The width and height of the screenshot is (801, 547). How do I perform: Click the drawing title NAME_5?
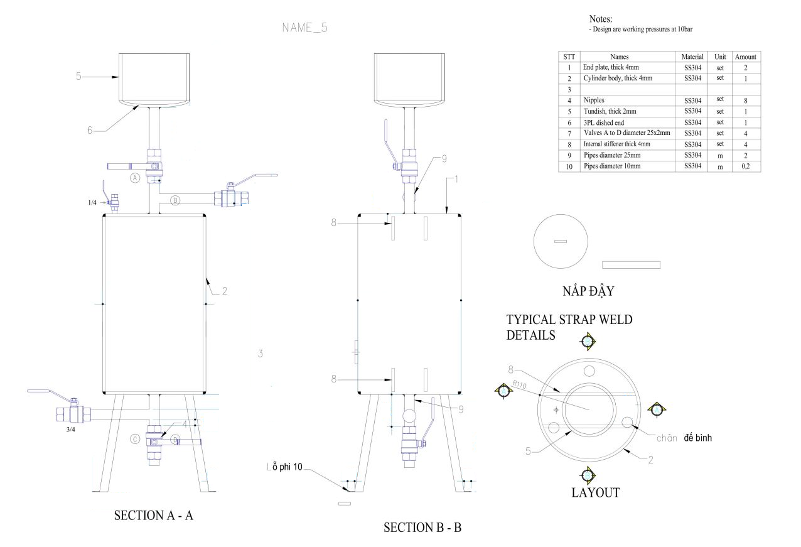[305, 28]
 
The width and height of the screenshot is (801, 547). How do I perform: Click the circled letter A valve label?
[134, 178]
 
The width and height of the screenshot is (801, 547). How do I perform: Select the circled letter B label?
[176, 201]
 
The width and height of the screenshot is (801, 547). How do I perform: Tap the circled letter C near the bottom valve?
[134, 439]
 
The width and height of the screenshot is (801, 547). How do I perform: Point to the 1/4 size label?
[92, 202]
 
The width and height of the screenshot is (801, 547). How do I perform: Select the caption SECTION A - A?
[154, 516]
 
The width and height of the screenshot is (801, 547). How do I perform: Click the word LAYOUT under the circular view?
[595, 492]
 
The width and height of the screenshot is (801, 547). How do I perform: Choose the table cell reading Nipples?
[594, 100]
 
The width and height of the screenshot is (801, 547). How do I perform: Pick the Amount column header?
[746, 57]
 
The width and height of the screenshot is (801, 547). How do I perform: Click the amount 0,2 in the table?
[746, 166]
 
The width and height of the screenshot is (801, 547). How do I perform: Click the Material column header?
[692, 57]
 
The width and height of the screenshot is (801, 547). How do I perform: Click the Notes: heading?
[601, 19]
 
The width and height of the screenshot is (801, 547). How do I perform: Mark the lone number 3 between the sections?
[260, 354]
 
